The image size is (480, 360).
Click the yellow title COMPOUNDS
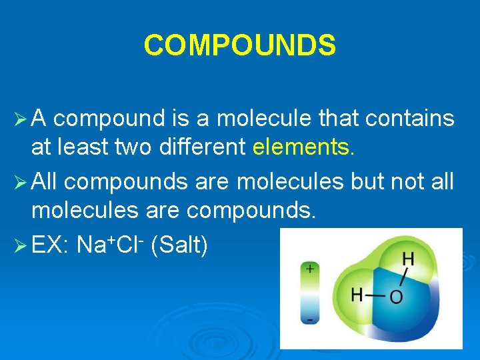(x=240, y=45)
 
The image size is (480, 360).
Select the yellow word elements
(x=304, y=147)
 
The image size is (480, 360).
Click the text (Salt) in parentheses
(x=180, y=245)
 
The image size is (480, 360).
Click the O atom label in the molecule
(x=396, y=296)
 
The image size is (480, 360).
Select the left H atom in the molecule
(x=357, y=294)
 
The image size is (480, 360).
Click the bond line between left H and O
(x=376, y=295)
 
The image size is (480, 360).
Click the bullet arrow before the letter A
(x=22, y=119)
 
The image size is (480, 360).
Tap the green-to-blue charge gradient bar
(x=309, y=294)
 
